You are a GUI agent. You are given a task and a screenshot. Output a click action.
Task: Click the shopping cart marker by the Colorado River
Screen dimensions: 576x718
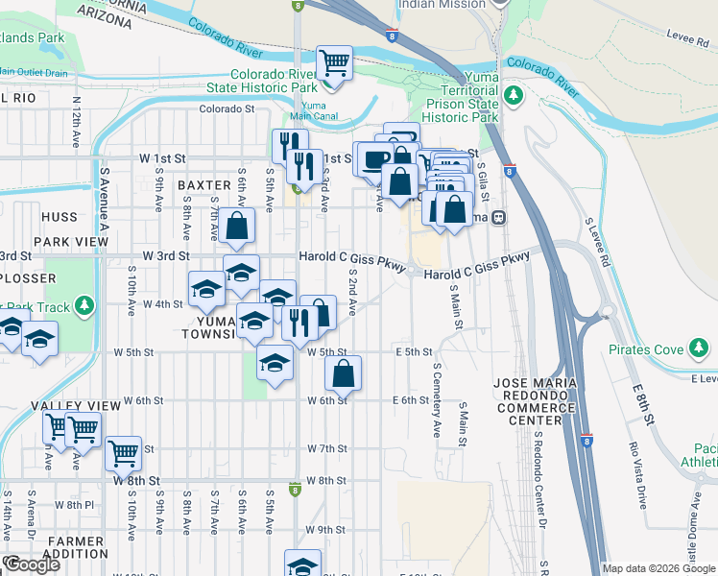334,63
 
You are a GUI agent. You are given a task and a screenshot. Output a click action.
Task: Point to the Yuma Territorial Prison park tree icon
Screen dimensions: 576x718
514,95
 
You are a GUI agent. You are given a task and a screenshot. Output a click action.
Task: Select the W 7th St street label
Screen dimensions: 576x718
326,448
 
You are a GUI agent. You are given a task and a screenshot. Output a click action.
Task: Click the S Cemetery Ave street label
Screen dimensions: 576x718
437,394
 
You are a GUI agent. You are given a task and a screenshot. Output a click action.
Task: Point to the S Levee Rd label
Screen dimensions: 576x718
596,241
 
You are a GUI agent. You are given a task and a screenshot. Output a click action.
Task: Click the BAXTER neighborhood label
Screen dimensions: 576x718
203,184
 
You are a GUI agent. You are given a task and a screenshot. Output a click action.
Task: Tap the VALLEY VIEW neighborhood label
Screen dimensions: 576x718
68,407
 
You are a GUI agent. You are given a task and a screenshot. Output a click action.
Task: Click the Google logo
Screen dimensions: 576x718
31,564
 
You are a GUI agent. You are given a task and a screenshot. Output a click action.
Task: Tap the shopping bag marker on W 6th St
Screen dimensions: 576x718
344,374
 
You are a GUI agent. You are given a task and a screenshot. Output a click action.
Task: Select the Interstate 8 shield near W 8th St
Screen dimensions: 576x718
297,490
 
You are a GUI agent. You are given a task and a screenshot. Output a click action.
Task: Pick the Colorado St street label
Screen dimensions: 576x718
227,109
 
